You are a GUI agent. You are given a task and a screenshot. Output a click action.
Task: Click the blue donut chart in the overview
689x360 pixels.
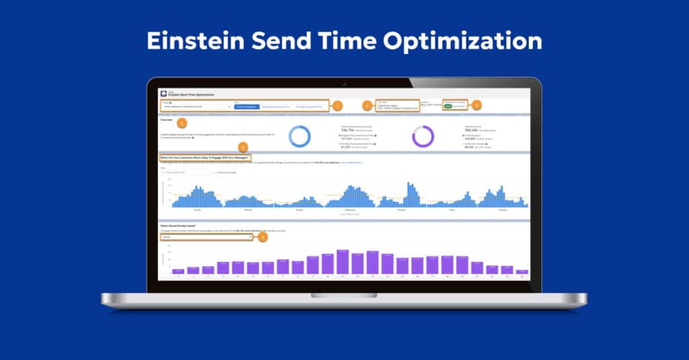(x=299, y=137)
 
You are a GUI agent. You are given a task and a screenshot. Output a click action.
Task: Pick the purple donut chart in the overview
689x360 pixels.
(x=423, y=137)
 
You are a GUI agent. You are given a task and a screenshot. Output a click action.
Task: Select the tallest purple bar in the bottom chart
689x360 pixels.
(x=342, y=262)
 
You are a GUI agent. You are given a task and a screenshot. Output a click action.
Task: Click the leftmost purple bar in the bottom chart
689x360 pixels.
(x=178, y=271)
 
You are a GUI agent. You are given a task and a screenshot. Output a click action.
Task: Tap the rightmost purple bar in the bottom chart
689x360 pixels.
(x=522, y=271)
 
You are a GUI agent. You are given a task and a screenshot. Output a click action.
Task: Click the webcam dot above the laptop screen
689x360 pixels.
(x=344, y=84)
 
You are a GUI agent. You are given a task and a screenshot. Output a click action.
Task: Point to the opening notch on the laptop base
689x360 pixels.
(x=344, y=295)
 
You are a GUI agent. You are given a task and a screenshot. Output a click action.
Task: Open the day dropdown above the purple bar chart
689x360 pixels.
(x=206, y=237)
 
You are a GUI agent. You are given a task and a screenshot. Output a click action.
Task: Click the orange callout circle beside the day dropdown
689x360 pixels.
(x=262, y=237)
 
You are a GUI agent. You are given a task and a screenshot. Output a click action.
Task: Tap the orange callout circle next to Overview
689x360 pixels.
(x=181, y=123)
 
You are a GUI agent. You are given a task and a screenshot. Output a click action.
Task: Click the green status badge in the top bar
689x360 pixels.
(x=447, y=106)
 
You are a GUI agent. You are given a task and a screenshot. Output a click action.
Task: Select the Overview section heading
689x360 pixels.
(x=166, y=119)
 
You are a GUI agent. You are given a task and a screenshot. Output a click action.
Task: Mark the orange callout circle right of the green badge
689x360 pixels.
(x=476, y=105)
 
